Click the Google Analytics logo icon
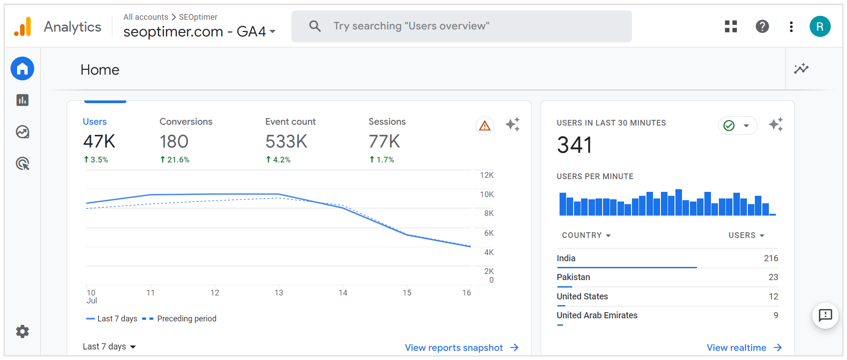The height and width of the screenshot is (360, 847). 23,27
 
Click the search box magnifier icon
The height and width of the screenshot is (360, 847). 315,26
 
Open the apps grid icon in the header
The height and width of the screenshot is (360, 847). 731,26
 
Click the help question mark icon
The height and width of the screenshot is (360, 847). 762,26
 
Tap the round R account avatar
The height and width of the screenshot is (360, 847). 820,26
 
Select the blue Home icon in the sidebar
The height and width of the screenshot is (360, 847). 22,68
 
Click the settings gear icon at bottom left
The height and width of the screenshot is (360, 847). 22,331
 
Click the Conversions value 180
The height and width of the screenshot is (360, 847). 174,141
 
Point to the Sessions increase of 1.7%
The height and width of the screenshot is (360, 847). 382,160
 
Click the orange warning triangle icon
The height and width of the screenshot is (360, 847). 485,126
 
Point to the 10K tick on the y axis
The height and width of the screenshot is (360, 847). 487,194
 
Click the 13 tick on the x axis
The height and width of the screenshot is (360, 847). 279,293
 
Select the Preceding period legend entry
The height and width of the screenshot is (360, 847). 186,319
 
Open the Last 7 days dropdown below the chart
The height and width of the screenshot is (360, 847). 109,346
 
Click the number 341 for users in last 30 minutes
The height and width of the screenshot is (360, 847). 574,145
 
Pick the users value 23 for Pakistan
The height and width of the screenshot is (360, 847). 773,277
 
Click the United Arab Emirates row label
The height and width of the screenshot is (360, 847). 597,315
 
